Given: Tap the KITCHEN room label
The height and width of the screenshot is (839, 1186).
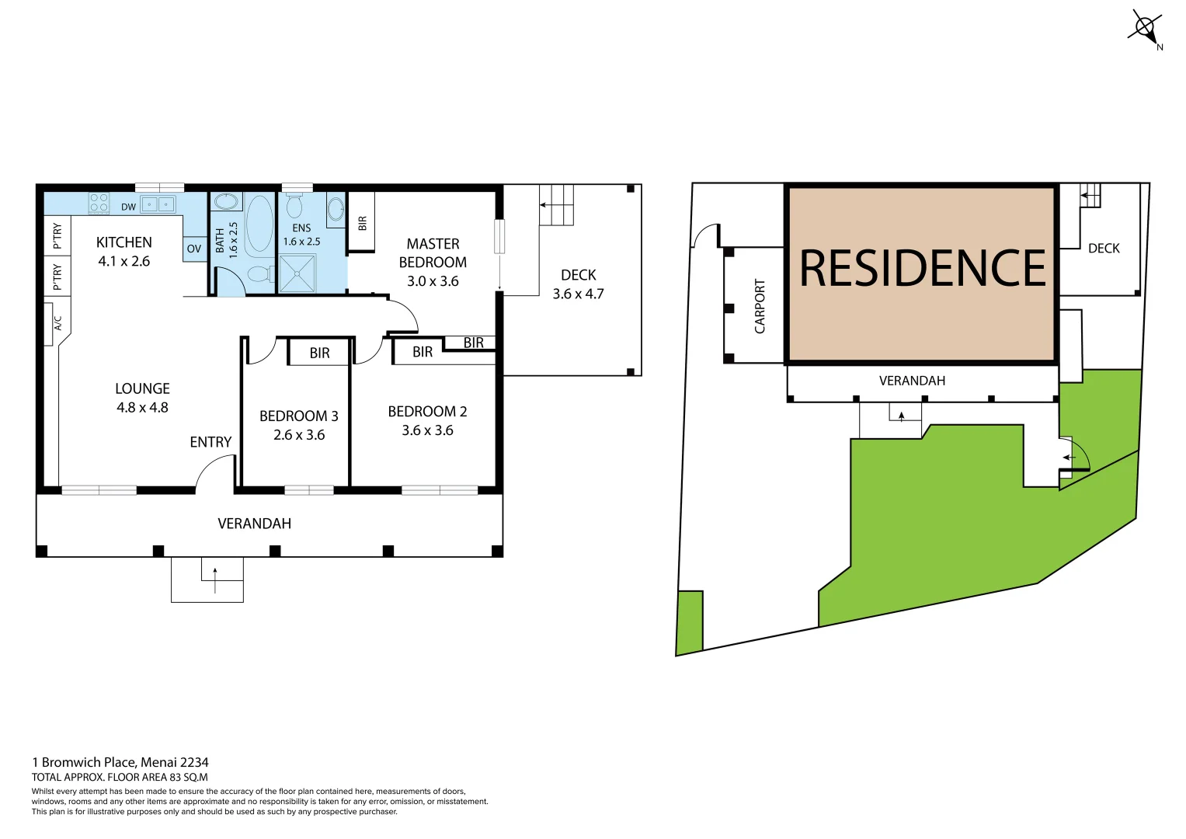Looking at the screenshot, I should coord(124,242).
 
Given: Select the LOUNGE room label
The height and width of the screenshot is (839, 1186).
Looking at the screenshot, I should coord(142,388).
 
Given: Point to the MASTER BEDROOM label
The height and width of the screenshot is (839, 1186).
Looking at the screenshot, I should coord(433,253).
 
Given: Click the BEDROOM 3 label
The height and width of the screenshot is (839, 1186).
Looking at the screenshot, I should coord(299,416).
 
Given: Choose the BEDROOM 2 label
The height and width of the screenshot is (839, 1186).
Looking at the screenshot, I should coord(427,412).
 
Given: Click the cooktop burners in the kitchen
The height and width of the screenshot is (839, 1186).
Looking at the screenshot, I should coord(99,204).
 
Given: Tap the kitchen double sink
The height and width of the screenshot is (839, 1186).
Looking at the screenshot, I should coord(158,204).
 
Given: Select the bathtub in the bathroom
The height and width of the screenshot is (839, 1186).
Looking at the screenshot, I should coord(259,223).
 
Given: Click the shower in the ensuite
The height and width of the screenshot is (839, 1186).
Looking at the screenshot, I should coord(297,273).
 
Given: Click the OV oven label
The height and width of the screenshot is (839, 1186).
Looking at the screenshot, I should coord(194,249).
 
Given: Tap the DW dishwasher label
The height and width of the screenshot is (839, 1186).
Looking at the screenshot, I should coord(128,207).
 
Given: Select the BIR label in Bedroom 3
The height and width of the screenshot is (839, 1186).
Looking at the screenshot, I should coord(319,353).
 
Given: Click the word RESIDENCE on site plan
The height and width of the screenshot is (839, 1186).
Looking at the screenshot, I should coord(923,268).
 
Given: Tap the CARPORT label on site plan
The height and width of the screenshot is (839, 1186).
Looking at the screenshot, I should coord(760,306).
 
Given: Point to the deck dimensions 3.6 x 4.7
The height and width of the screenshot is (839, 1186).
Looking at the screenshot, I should coord(578,294).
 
